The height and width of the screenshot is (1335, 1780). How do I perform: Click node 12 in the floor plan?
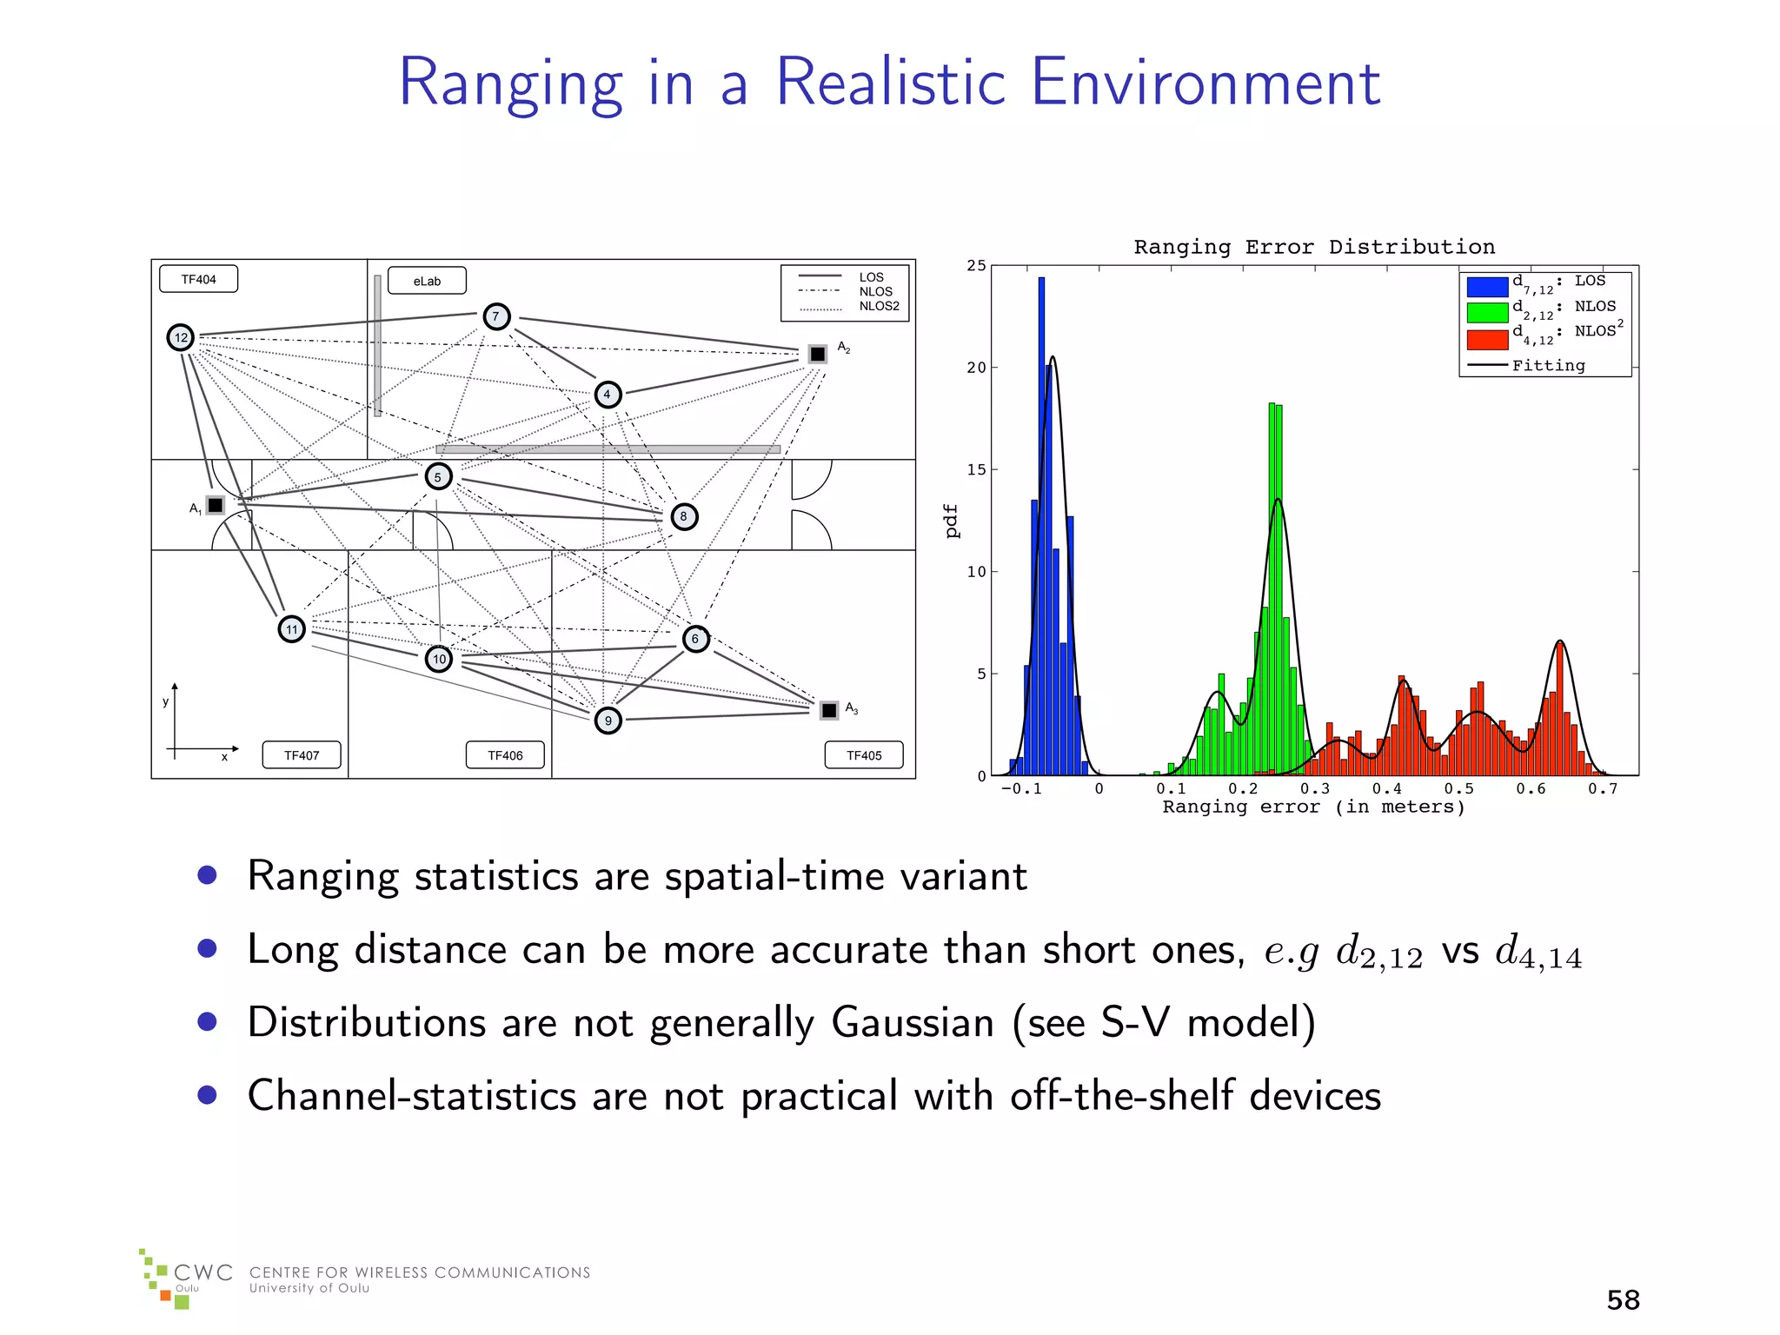(181, 337)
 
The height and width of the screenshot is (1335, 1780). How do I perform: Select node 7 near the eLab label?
(496, 316)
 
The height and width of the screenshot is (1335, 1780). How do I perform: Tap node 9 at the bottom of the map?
(608, 721)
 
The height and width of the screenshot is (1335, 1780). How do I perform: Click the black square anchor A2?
(818, 354)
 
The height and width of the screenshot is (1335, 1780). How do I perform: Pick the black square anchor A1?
(216, 505)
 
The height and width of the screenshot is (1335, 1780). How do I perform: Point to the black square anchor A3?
(829, 710)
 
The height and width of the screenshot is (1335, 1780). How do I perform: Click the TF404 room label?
(198, 279)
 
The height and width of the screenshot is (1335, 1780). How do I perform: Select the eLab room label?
(427, 281)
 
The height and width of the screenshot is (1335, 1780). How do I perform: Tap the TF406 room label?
(505, 755)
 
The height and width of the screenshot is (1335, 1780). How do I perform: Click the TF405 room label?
(864, 755)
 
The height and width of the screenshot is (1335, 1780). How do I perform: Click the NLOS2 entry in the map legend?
(879, 306)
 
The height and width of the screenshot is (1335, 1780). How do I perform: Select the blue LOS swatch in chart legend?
(1487, 286)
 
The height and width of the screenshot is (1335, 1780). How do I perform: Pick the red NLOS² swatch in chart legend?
(1487, 339)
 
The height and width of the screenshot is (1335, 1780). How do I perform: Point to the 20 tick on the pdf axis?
(977, 368)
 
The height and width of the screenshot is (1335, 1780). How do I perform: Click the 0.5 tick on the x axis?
(1459, 789)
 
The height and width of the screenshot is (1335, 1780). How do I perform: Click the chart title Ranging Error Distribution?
(1314, 247)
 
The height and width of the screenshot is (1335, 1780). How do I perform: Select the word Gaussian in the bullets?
(913, 1022)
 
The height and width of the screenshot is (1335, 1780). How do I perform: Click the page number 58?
(1623, 1300)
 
